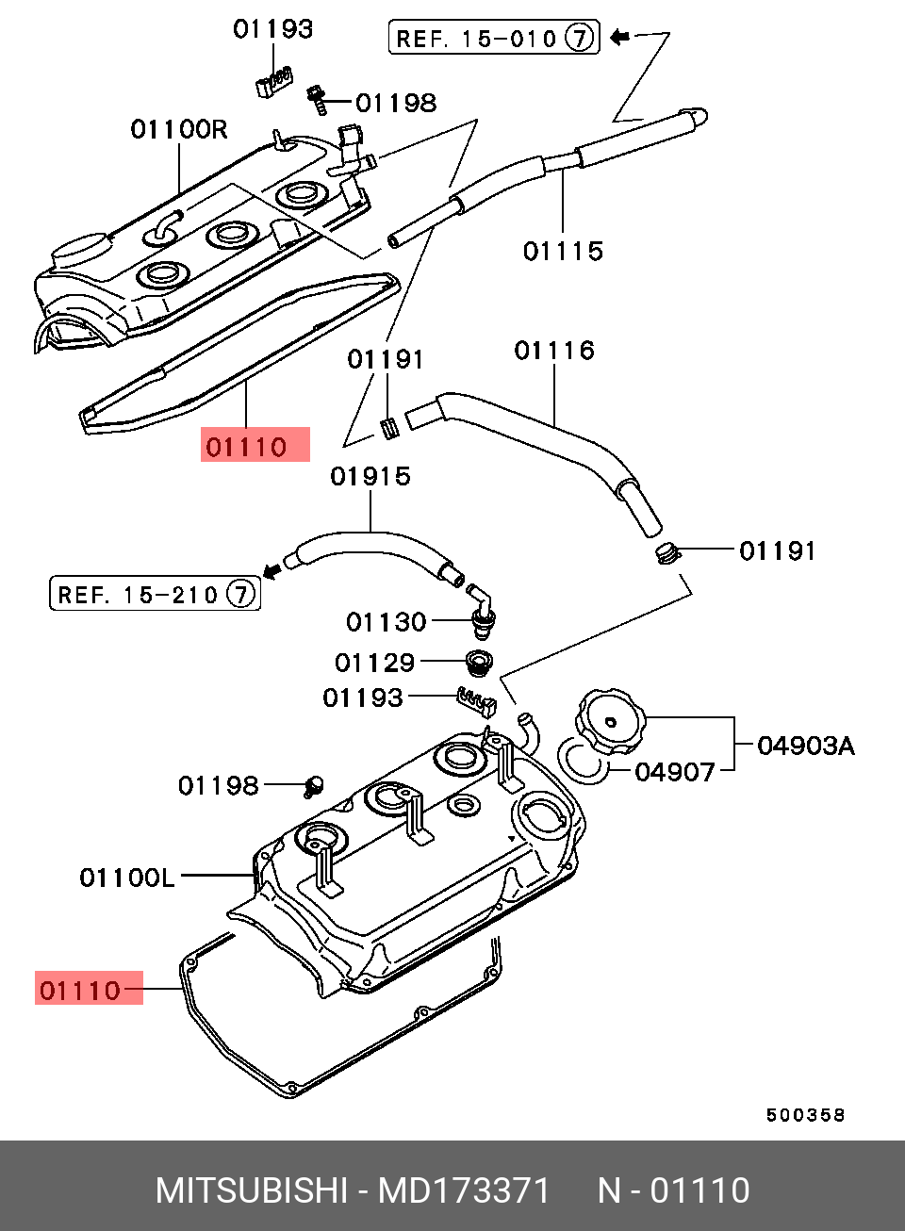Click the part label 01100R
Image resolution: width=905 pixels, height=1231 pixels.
point(178,130)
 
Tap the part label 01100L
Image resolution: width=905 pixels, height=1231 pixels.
point(127,878)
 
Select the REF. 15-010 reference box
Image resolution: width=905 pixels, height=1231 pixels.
point(494,38)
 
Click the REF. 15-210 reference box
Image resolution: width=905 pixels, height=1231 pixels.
point(155,594)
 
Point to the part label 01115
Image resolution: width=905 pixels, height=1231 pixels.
point(563,252)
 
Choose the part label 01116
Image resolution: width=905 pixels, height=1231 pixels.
point(554,351)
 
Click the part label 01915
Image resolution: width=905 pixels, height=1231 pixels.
point(370,476)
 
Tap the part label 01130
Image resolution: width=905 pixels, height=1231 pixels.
point(387,623)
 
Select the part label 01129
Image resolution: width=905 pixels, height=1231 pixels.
point(375,663)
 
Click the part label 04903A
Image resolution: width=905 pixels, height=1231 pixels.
point(806,747)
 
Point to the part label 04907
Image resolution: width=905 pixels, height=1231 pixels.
point(675,772)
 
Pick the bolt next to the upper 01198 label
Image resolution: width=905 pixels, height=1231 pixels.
point(317,100)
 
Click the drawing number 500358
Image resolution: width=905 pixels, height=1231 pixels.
point(805,1115)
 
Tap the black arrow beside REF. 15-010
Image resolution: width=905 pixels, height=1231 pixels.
point(620,38)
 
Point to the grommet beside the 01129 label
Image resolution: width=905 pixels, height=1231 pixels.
point(479,664)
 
